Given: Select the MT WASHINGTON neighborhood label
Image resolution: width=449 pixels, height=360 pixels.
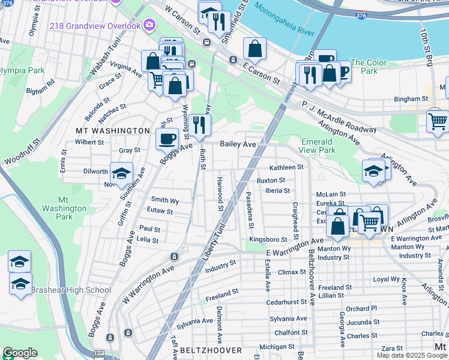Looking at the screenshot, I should point(112,130).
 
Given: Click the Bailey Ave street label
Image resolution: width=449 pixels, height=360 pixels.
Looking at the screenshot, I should point(238,144).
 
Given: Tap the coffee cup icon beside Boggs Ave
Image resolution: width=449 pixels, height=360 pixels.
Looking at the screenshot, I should point(167,139).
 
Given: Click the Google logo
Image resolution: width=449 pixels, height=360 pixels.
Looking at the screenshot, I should point(19,353).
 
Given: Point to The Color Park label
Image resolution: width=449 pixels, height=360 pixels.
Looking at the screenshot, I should point(369,67).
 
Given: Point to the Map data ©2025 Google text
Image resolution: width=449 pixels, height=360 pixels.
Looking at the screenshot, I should point(412,355).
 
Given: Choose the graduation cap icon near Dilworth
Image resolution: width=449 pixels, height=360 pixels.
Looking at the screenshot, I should point(121,173).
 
